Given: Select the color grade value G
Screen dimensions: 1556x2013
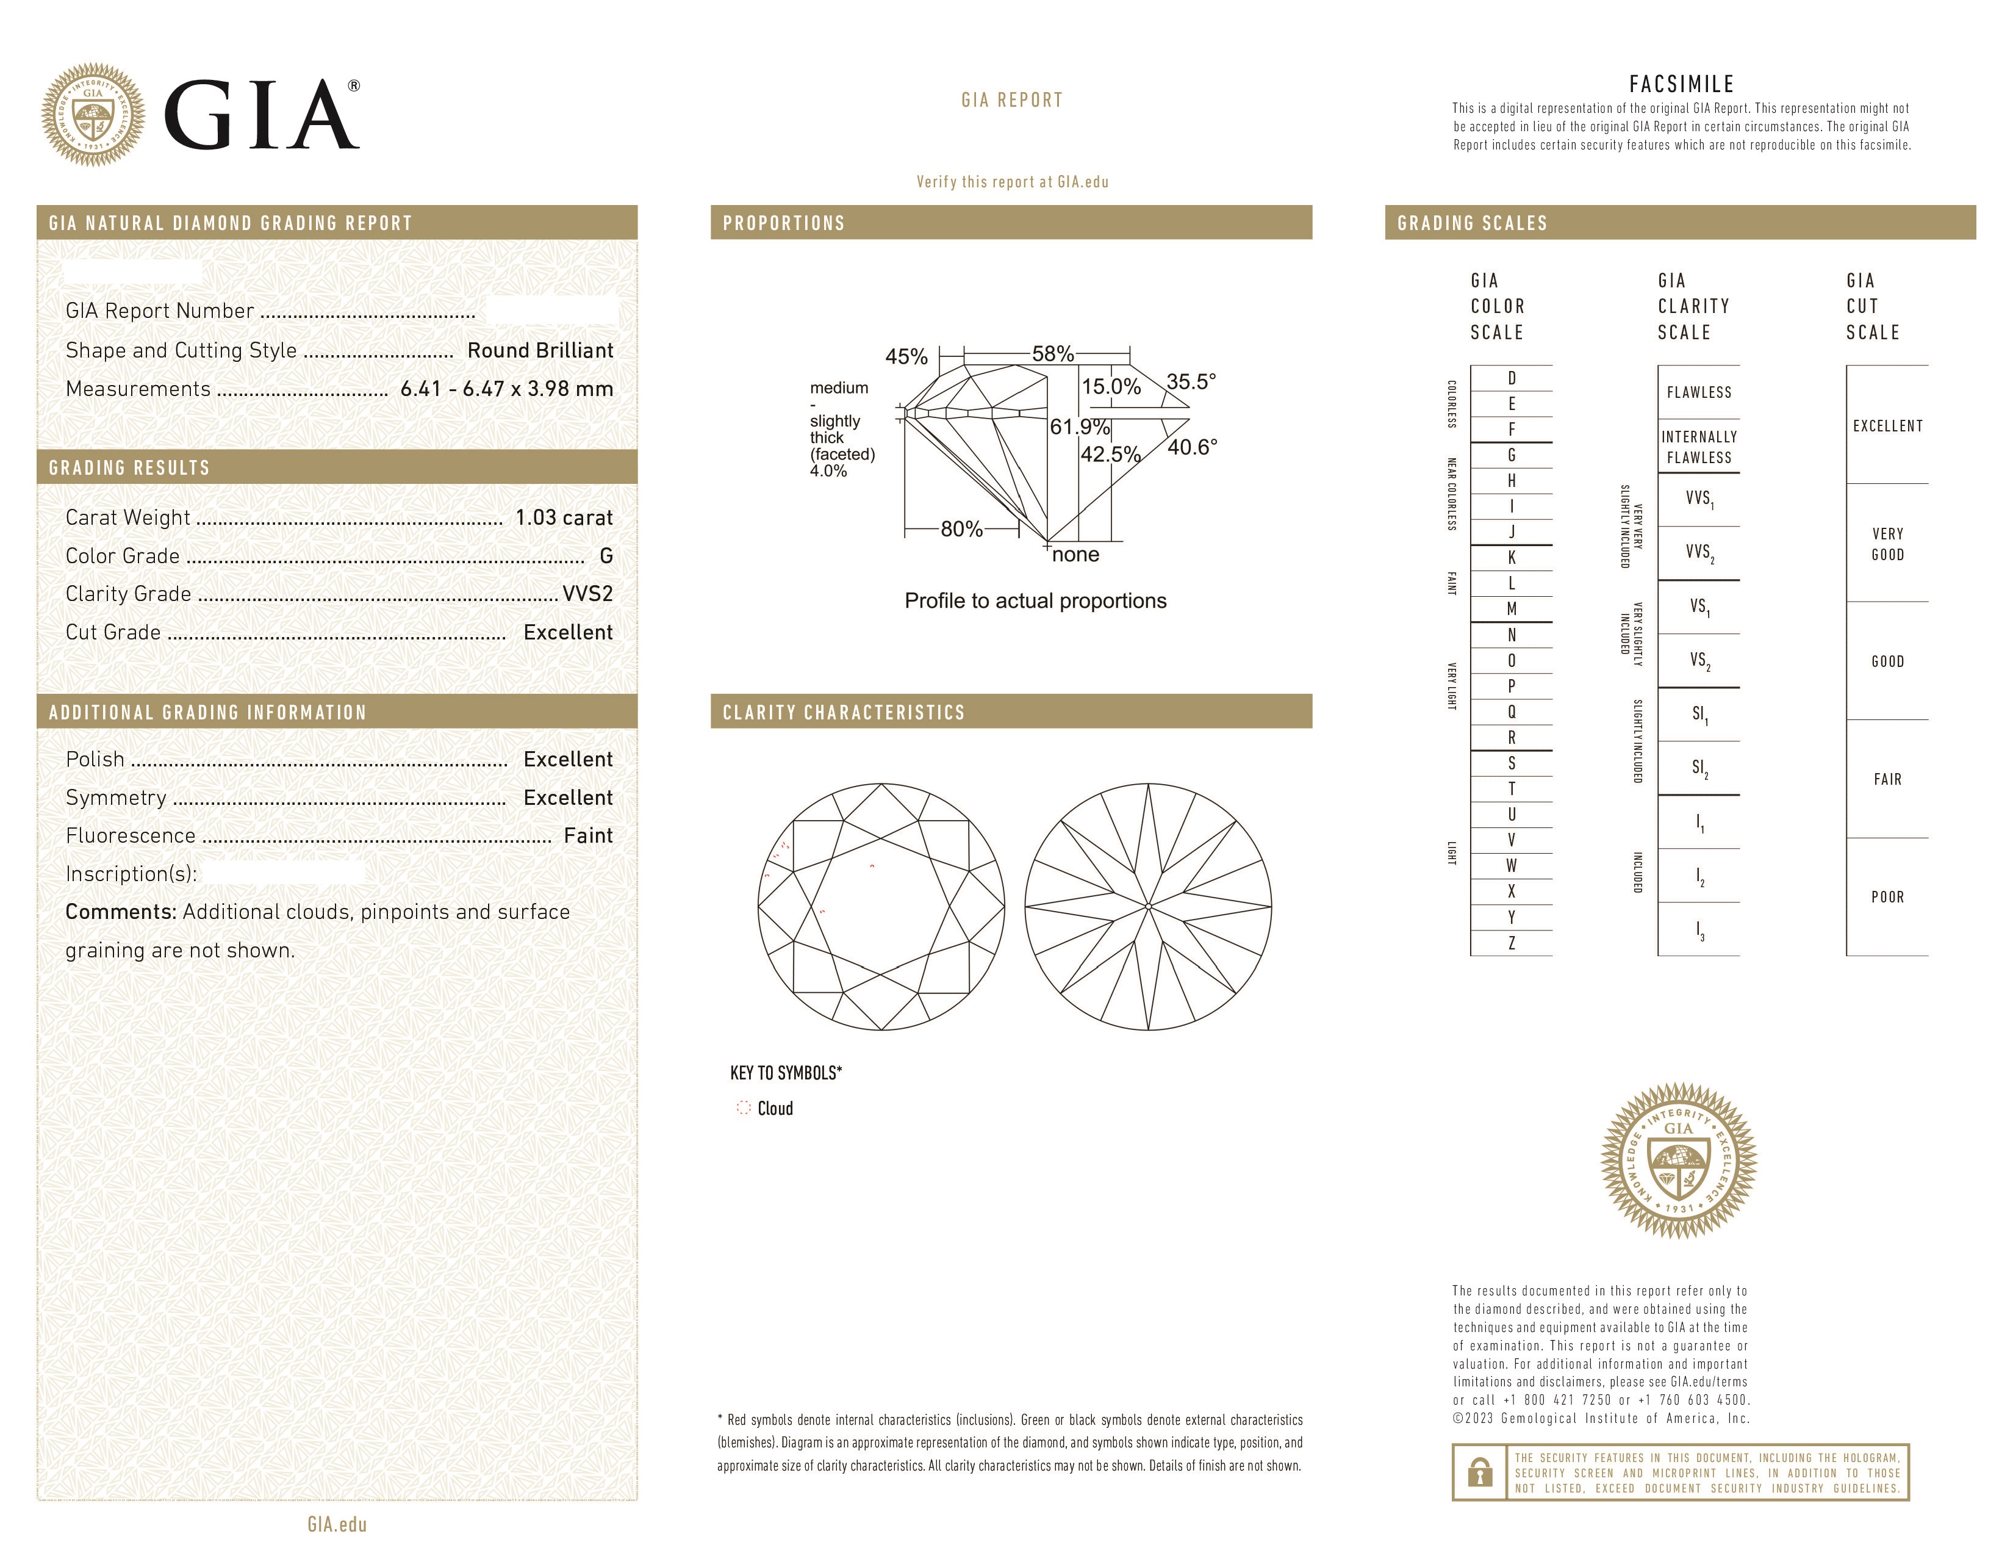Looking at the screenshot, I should [606, 556].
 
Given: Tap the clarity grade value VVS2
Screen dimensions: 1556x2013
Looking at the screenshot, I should [587, 594].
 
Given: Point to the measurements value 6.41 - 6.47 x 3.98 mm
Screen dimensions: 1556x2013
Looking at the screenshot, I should [506, 389].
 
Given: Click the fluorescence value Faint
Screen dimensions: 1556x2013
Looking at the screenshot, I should [588, 835].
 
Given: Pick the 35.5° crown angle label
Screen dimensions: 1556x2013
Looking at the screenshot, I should [1191, 381].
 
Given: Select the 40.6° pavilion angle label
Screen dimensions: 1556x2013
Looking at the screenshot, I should [1192, 447].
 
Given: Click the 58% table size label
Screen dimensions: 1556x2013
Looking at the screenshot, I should [1053, 354].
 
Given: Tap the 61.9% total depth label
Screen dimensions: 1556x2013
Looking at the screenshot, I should [1079, 427].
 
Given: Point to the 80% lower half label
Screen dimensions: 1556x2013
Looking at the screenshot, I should [961, 529].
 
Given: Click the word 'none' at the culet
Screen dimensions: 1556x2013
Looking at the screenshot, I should [1075, 555].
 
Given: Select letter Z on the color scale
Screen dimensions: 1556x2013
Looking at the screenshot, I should [1512, 943].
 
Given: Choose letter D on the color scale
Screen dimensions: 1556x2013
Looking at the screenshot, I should [1512, 378].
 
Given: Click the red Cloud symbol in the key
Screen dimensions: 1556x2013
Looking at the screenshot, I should [743, 1108].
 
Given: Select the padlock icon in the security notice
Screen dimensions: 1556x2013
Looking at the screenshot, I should [1479, 1472].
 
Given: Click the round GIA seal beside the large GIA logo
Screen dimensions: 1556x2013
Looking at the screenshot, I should [93, 115].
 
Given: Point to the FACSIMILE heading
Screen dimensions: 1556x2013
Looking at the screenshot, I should [1681, 85].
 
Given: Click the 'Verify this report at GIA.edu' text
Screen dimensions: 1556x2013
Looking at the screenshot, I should [1012, 182].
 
